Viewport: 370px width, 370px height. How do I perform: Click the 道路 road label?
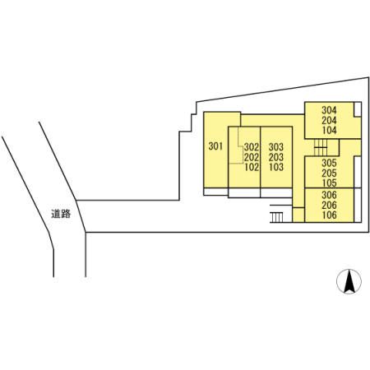pyautogui.click(x=61, y=214)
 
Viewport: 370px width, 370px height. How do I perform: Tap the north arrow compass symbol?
pyautogui.click(x=349, y=281)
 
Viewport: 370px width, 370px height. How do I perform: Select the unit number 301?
pyautogui.click(x=215, y=146)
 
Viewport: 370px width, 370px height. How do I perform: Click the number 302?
pyautogui.click(x=252, y=147)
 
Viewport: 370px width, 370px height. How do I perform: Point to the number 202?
pyautogui.click(x=252, y=157)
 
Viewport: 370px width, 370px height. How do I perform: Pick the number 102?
pyautogui.click(x=252, y=167)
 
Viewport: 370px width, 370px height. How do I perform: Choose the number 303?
pyautogui.click(x=276, y=147)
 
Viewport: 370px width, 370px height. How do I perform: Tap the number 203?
pyautogui.click(x=276, y=157)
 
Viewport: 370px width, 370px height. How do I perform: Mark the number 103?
pyautogui.click(x=276, y=167)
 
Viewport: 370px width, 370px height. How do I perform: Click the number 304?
pyautogui.click(x=329, y=110)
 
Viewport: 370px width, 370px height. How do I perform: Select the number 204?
pyautogui.click(x=329, y=120)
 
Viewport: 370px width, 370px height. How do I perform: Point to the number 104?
pyautogui.click(x=329, y=130)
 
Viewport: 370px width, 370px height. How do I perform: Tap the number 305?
pyautogui.click(x=329, y=163)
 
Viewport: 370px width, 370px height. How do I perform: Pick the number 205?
pyautogui.click(x=329, y=173)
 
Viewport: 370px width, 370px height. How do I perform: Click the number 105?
pyautogui.click(x=329, y=183)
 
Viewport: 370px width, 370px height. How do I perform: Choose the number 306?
pyautogui.click(x=329, y=195)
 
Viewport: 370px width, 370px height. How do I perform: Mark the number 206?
pyautogui.click(x=329, y=205)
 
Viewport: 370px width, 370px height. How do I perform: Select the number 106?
pyautogui.click(x=329, y=215)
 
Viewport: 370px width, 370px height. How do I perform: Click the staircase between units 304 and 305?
pyautogui.click(x=321, y=147)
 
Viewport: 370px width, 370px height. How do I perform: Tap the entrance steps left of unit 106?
pyautogui.click(x=276, y=218)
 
